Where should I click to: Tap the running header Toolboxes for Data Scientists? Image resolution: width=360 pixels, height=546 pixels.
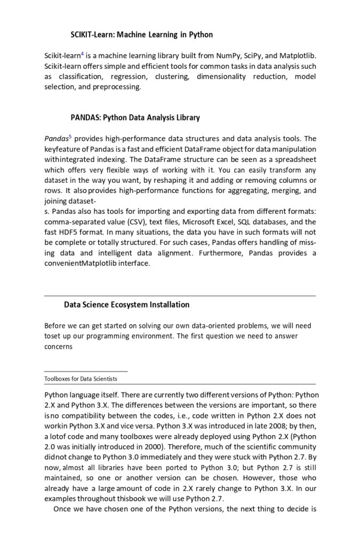(x=81, y=379)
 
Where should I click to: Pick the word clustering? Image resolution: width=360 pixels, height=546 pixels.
(x=172, y=77)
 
